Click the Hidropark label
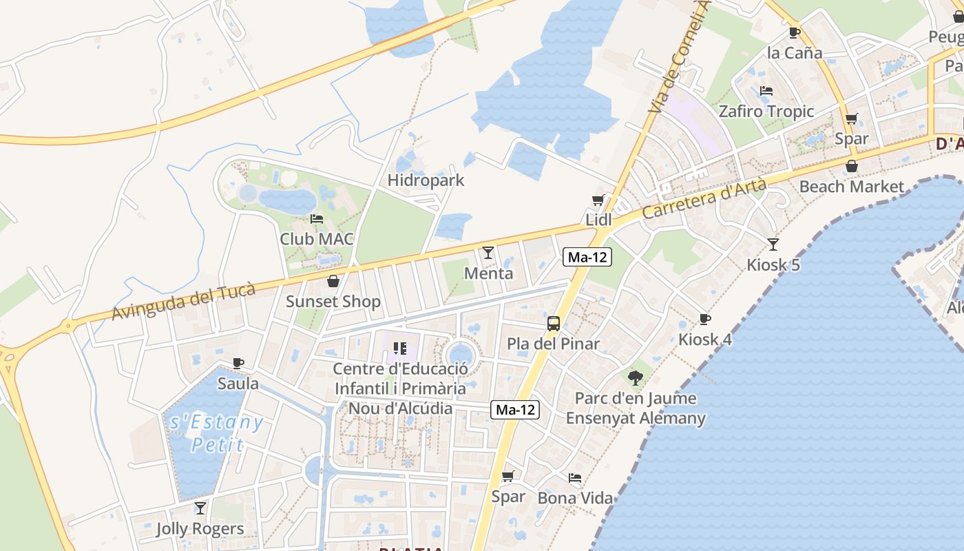[x=426, y=180]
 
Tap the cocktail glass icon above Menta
[x=488, y=253]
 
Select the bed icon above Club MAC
[x=317, y=219]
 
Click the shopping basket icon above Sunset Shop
[x=333, y=281]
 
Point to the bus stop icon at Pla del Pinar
[x=553, y=323]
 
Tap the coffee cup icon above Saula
[x=238, y=363]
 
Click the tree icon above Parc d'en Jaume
[x=636, y=377]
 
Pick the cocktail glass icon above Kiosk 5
[x=773, y=244]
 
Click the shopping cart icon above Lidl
[x=598, y=200]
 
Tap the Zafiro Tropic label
[x=766, y=112]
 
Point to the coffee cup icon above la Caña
[x=795, y=32]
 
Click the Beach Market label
[x=852, y=187]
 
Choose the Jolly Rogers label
[x=200, y=529]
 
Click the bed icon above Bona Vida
[x=575, y=477]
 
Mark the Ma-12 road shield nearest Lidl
[x=587, y=257]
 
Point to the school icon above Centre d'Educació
[x=399, y=349]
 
